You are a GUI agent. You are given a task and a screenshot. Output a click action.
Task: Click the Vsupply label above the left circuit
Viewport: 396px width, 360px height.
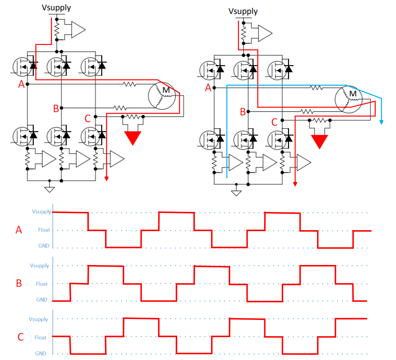pyautogui.click(x=56, y=8)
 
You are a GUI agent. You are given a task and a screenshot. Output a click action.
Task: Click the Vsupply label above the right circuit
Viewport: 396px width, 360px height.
pyautogui.click(x=243, y=12)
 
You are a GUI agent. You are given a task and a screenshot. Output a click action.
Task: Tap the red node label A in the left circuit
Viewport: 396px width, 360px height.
pyautogui.click(x=21, y=84)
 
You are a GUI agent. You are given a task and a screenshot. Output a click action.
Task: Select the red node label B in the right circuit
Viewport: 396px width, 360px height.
pyautogui.click(x=243, y=112)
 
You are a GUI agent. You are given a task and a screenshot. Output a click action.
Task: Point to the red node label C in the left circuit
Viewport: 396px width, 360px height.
pyautogui.click(x=87, y=119)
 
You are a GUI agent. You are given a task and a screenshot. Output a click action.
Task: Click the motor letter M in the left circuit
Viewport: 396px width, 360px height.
pyautogui.click(x=166, y=90)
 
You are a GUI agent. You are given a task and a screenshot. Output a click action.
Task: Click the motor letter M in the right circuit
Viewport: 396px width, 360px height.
pyautogui.click(x=353, y=94)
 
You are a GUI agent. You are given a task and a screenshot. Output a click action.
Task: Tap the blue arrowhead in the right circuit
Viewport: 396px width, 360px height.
pyautogui.click(x=381, y=122)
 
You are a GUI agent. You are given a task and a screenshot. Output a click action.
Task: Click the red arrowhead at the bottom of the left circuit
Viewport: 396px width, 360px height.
pyautogui.click(x=107, y=179)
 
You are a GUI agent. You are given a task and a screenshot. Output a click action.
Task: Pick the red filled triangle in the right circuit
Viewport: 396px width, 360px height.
pyautogui.click(x=319, y=142)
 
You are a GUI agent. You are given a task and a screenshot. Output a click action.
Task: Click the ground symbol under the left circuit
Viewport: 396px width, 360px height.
pyautogui.click(x=49, y=189)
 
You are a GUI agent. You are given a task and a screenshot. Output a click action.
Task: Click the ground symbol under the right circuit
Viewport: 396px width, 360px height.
pyautogui.click(x=236, y=193)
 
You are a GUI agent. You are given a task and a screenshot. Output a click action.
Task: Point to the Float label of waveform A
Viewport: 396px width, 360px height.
pyautogui.click(x=44, y=230)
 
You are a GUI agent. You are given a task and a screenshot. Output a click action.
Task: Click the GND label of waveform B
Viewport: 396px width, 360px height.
pyautogui.click(x=42, y=300)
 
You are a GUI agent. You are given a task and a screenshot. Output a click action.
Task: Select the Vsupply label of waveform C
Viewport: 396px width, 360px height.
pyautogui.click(x=38, y=319)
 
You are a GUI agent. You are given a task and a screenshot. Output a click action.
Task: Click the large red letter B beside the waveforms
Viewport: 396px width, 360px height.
pyautogui.click(x=19, y=283)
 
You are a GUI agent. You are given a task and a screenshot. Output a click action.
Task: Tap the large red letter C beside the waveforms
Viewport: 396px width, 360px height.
pyautogui.click(x=21, y=337)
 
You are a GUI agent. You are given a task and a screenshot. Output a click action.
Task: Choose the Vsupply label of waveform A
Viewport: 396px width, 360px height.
pyautogui.click(x=42, y=212)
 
